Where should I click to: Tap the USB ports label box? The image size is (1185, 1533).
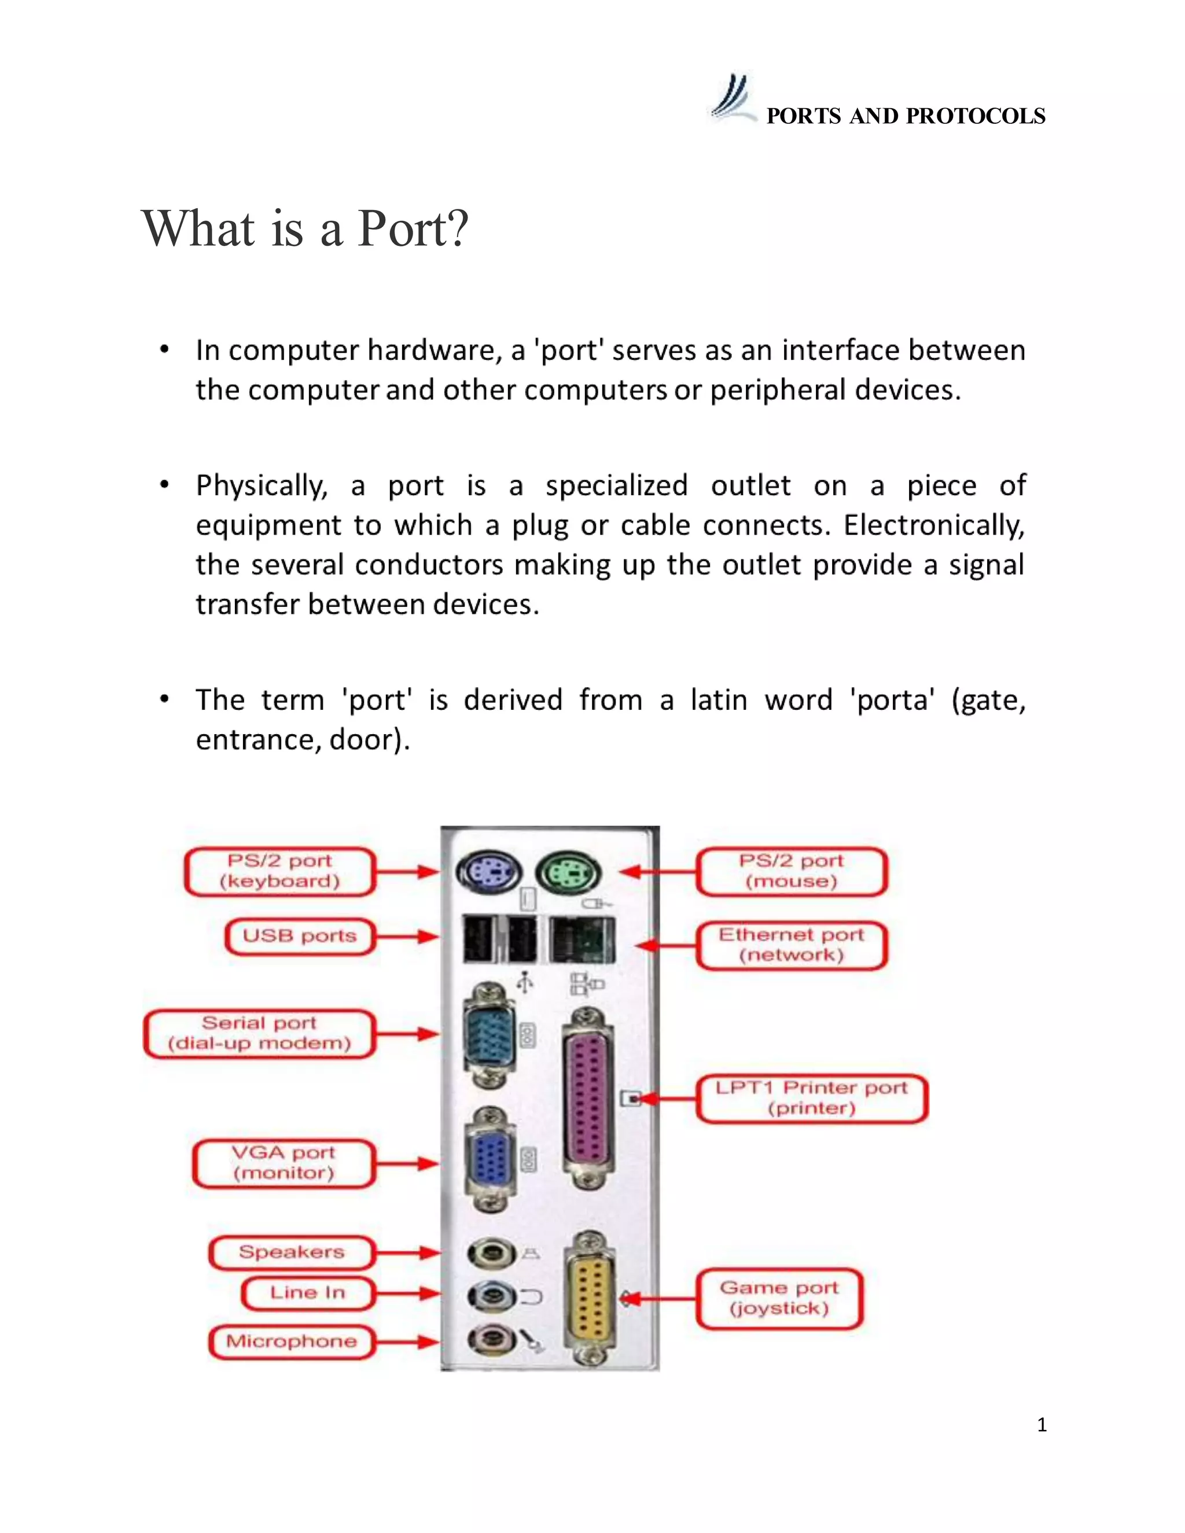click(x=300, y=937)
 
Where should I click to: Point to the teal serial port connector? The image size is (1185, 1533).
click(x=491, y=1035)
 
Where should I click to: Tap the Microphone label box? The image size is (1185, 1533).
click(x=292, y=1342)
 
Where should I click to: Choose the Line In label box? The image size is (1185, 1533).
click(x=307, y=1293)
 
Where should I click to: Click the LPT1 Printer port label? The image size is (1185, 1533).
click(x=812, y=1098)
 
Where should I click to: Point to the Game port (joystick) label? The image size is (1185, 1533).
click(x=779, y=1298)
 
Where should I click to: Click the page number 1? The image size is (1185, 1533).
click(x=1042, y=1424)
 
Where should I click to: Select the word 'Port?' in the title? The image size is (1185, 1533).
click(x=413, y=229)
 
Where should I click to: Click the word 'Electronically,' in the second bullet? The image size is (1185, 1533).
click(x=934, y=526)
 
